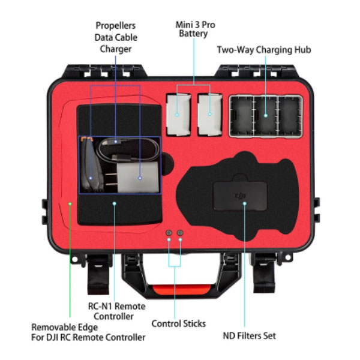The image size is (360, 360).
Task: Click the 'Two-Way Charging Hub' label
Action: [x=264, y=50]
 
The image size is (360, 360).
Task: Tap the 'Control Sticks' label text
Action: [x=179, y=324]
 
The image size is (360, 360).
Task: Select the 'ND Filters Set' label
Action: [x=250, y=335]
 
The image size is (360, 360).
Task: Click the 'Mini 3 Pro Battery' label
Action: [x=195, y=29]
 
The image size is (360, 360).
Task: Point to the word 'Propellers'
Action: [x=115, y=26]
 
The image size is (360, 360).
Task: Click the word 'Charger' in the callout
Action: [x=115, y=49]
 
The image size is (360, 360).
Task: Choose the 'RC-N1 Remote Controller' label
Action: [x=116, y=311]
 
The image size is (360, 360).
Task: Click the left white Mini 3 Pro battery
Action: [x=179, y=115]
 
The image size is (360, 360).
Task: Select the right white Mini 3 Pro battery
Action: [x=210, y=115]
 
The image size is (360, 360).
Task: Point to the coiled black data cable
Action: [x=128, y=149]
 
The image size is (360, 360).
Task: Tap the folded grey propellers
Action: [x=92, y=165]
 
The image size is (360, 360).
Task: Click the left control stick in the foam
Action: [x=169, y=233]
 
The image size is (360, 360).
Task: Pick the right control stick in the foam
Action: [x=180, y=233]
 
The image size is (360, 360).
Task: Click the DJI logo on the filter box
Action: [x=240, y=196]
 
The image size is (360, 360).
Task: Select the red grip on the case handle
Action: [x=181, y=289]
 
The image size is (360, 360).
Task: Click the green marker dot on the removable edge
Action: [x=70, y=203]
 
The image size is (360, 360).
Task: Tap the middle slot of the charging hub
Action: [x=266, y=116]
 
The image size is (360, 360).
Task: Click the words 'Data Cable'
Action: [x=116, y=37]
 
